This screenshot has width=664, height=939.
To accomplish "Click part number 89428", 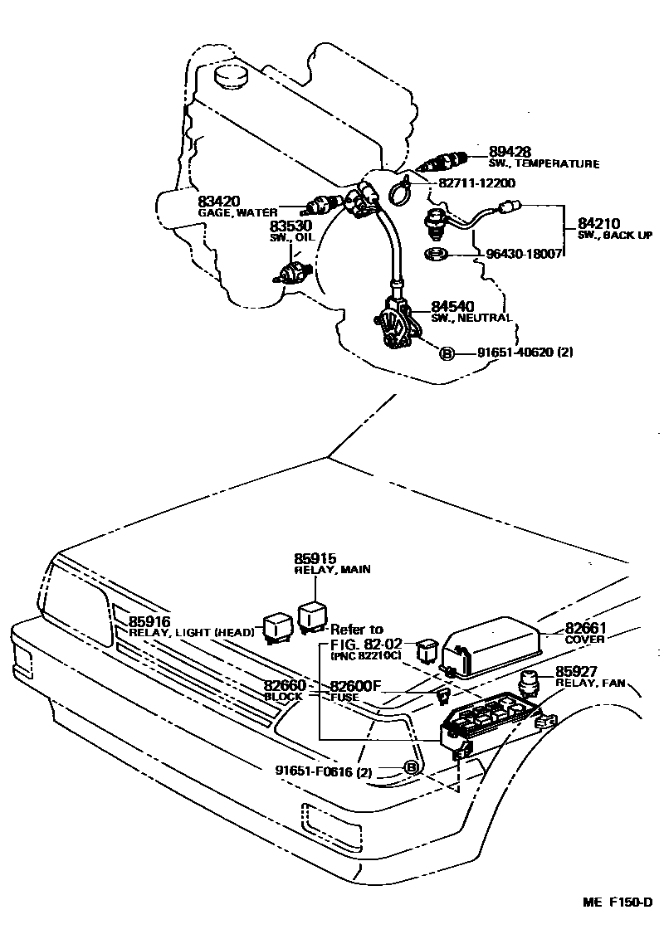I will (510, 151).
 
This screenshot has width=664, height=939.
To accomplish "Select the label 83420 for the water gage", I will (218, 202).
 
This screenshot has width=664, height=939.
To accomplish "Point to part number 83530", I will (289, 226).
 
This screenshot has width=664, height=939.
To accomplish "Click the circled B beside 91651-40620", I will (446, 353).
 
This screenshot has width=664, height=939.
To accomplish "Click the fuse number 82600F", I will (354, 686).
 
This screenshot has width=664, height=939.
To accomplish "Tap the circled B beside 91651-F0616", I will (411, 768).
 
